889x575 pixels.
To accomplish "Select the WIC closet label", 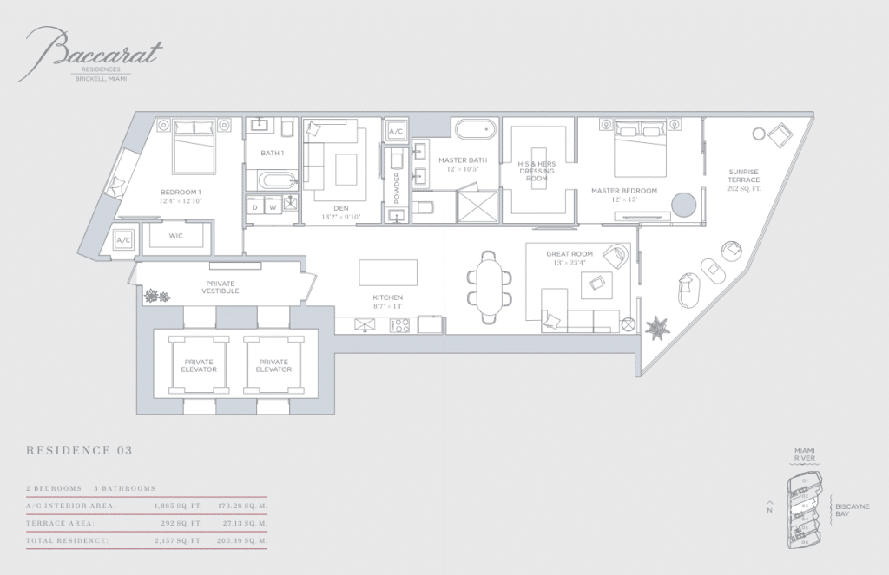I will [x=175, y=235].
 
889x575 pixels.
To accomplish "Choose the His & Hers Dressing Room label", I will [x=536, y=170].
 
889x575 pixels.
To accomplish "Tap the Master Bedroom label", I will [x=624, y=191].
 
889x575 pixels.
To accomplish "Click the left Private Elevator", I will [x=200, y=365].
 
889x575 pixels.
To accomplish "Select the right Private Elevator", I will [x=273, y=365].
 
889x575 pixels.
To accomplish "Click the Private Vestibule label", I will [x=221, y=287].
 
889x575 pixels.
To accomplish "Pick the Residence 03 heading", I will [x=79, y=450].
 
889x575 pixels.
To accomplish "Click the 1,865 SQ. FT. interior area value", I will [x=177, y=506].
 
